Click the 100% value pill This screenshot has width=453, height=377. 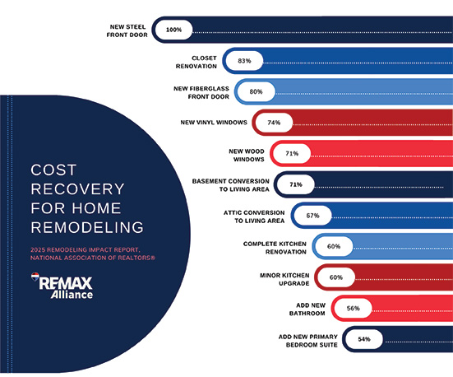[173, 30]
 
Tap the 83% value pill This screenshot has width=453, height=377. [244, 61]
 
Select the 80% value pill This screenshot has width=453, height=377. [256, 91]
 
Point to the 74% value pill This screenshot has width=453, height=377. [274, 123]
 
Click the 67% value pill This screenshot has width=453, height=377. [312, 216]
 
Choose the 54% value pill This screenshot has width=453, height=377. [363, 338]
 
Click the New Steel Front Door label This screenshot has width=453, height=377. [127, 30]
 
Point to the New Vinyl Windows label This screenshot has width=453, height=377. [213, 122]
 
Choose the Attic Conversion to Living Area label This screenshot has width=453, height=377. [253, 216]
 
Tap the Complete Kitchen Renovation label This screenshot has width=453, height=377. [275, 246]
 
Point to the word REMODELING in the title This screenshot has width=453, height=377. [86, 226]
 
